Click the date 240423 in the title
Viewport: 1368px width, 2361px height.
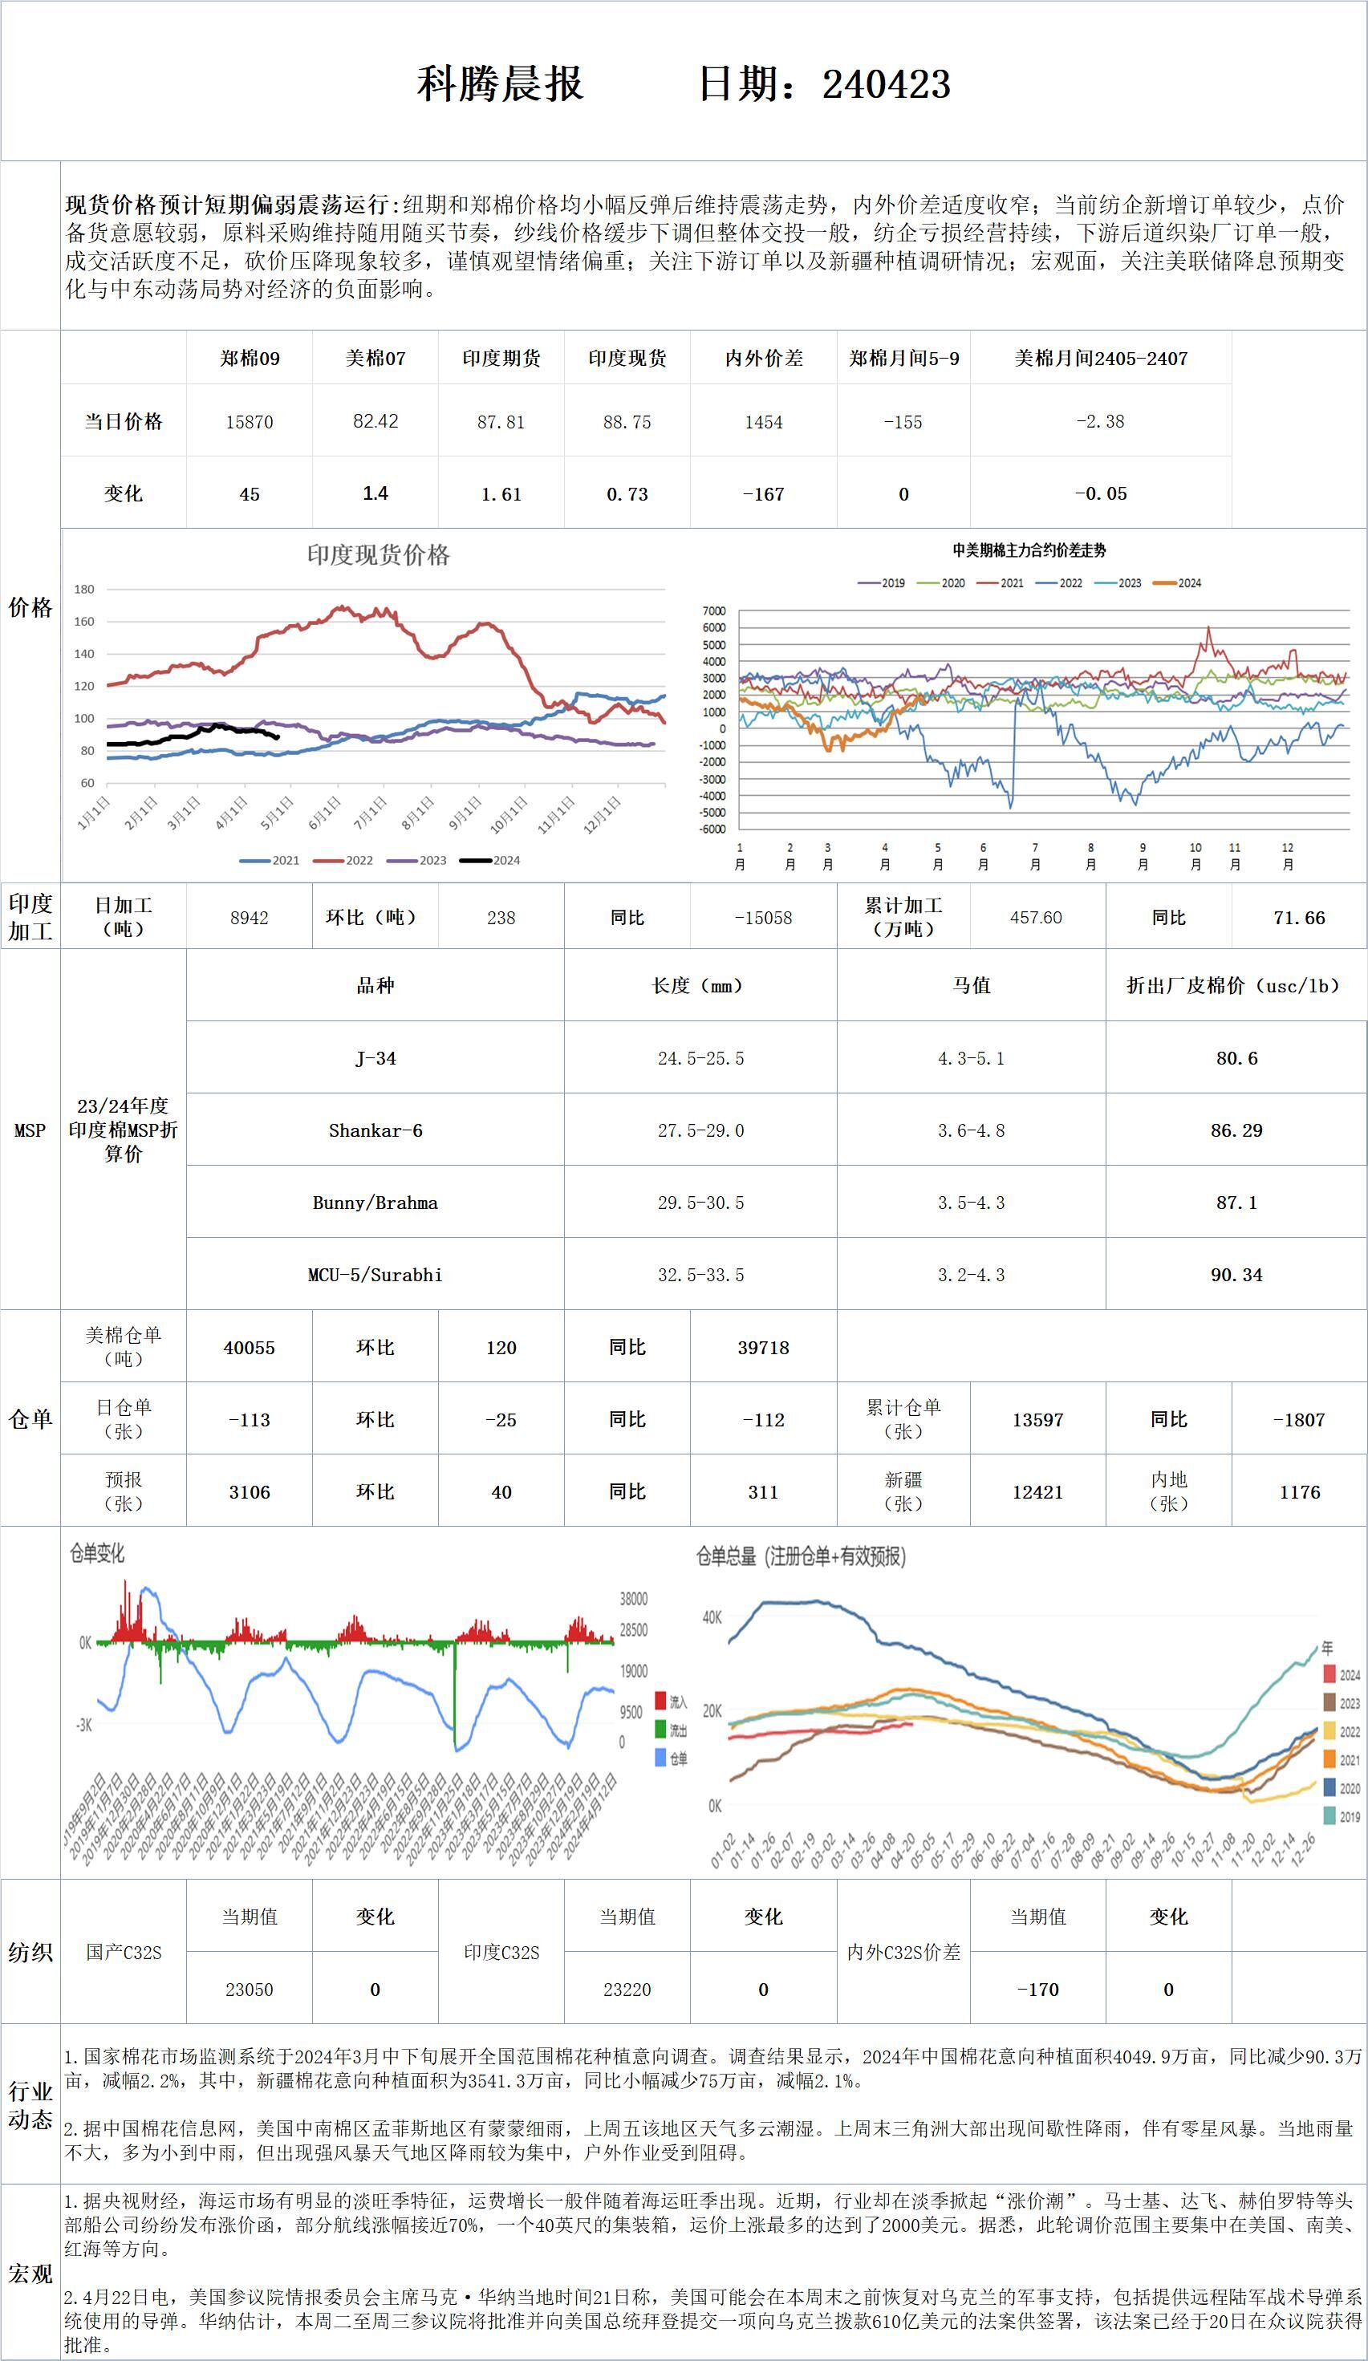[887, 84]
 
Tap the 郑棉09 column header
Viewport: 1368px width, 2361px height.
[250, 359]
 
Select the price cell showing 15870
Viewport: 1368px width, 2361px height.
[250, 422]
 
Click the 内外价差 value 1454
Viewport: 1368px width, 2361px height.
[764, 422]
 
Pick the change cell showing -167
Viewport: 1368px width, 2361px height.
[764, 493]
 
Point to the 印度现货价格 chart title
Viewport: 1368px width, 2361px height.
[379, 556]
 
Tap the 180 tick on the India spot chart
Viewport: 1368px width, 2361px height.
[84, 590]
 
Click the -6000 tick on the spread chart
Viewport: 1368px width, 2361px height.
[713, 828]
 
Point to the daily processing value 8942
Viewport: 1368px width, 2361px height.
[250, 918]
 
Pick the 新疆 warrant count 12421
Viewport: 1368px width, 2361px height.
[1037, 1492]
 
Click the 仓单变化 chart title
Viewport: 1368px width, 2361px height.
[96, 1553]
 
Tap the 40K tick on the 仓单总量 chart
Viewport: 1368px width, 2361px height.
[712, 1617]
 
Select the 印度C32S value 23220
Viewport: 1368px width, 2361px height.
[627, 1990]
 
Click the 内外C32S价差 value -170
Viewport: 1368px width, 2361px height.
[1037, 1990]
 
